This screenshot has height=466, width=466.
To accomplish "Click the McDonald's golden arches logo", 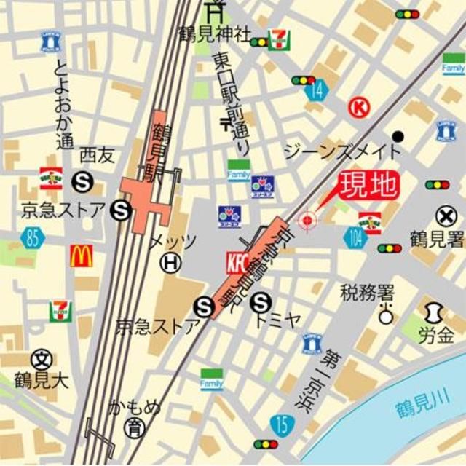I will click(81, 256).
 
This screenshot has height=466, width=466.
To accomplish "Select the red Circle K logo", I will click(358, 108).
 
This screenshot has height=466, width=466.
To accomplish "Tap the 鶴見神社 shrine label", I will click(215, 33).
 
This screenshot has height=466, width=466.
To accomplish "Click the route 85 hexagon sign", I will click(31, 237).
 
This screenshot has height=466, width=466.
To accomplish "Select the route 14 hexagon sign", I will click(317, 90).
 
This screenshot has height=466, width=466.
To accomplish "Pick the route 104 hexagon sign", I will click(354, 238).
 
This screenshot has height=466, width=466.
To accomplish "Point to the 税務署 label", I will click(368, 293).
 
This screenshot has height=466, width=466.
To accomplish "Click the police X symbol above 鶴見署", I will click(446, 216).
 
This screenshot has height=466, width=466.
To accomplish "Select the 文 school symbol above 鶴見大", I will click(42, 358).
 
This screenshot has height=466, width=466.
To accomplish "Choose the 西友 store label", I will click(98, 154).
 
